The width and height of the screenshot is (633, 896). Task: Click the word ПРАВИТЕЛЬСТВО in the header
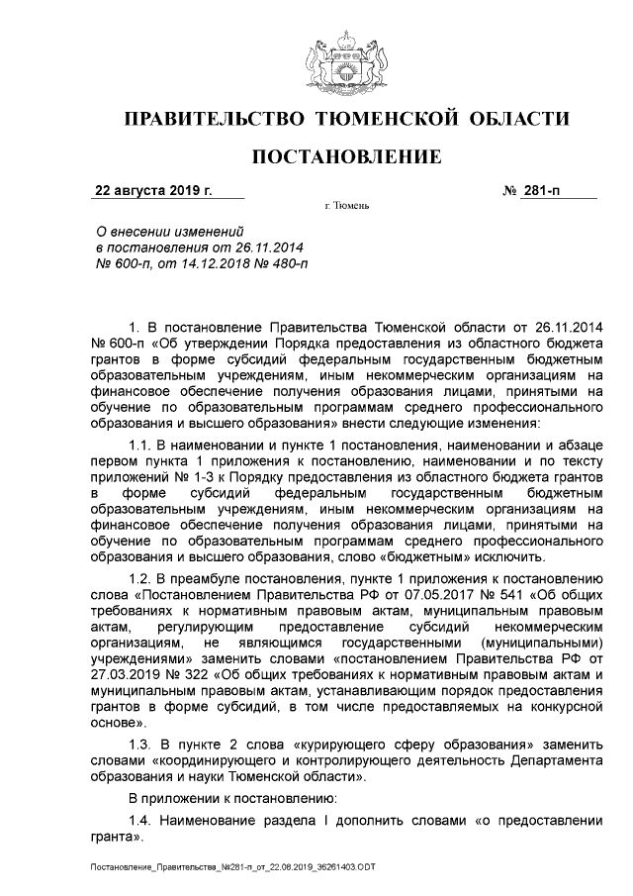pyautogui.click(x=212, y=121)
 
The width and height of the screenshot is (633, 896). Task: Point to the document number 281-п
pyautogui.click(x=543, y=189)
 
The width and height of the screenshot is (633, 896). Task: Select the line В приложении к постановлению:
pyautogui.click(x=225, y=797)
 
